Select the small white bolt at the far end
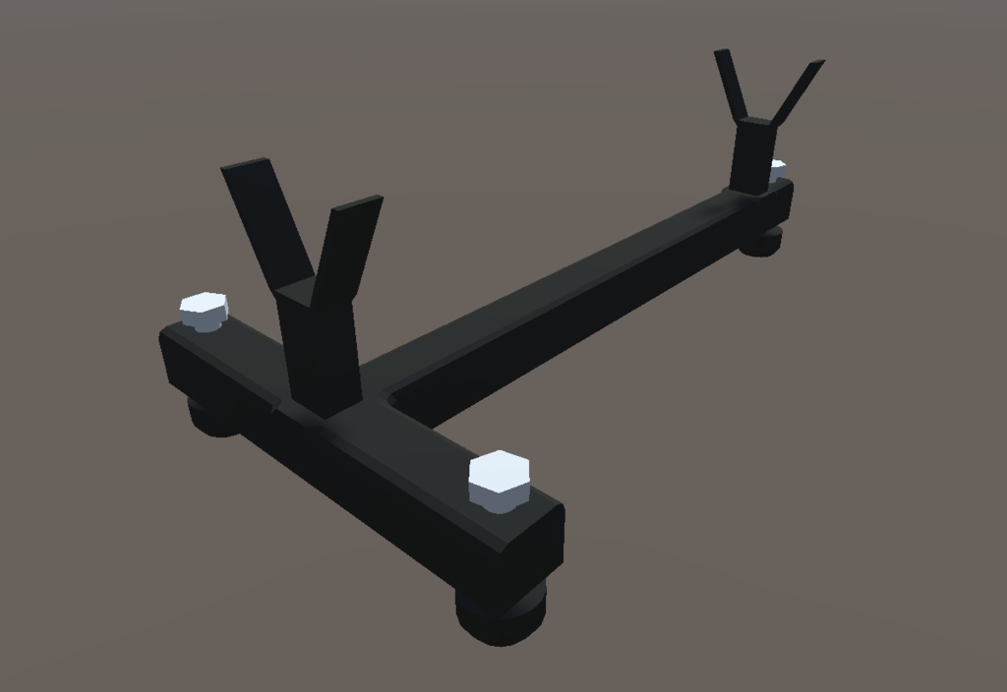[777, 170]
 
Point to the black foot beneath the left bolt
[212, 417]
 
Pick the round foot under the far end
[761, 242]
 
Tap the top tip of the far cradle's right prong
[816, 64]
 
